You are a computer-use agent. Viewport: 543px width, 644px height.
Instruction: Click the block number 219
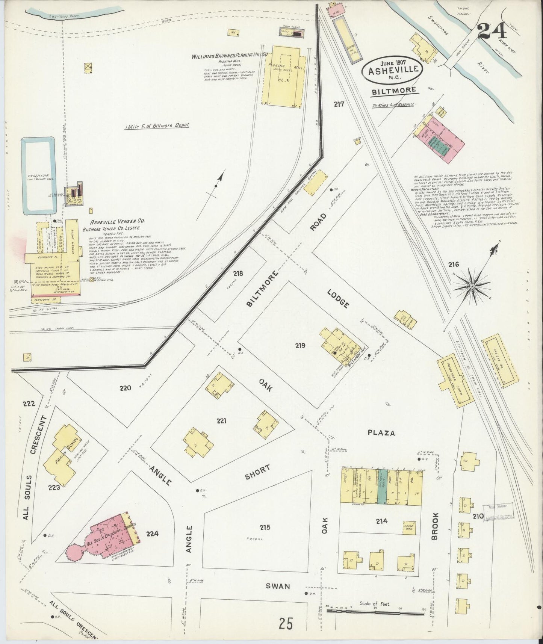[x=300, y=346]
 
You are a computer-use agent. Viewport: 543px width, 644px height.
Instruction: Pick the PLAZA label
[x=381, y=433]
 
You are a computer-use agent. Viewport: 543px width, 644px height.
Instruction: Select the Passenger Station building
[x=455, y=380]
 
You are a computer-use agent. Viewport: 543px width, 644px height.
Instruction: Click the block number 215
[x=265, y=528]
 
